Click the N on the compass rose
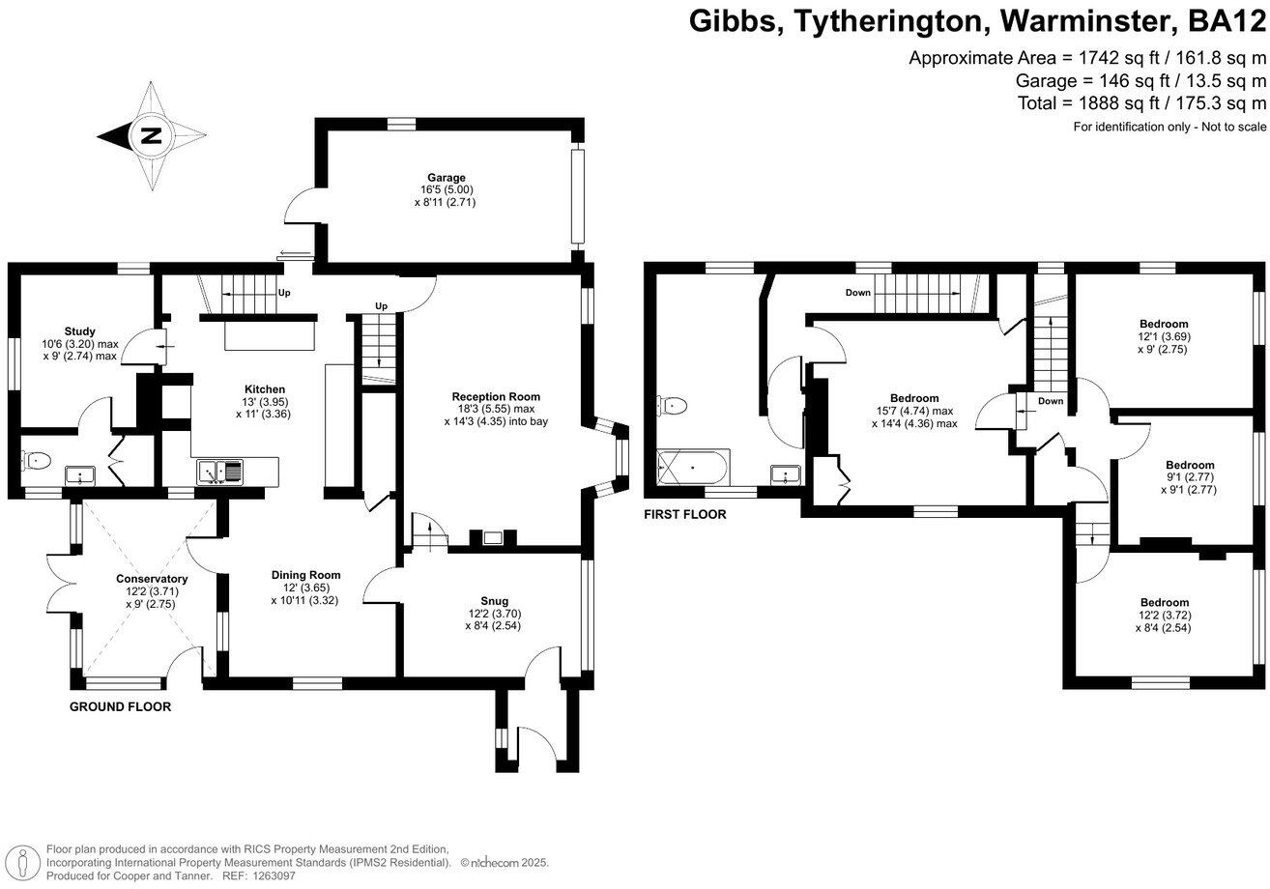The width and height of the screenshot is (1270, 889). (x=151, y=135)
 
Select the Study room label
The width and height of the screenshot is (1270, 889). (x=80, y=331)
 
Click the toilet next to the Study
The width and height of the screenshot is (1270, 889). (x=37, y=461)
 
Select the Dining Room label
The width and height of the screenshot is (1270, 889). (x=305, y=575)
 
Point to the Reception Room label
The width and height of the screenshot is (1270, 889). (x=496, y=396)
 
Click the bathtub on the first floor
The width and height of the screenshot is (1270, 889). (x=692, y=469)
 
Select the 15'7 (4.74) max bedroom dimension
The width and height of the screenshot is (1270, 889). (x=914, y=411)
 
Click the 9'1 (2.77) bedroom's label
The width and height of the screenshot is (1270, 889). (x=1190, y=465)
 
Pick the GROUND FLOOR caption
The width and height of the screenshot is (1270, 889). (x=120, y=706)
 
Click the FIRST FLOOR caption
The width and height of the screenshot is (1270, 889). (x=684, y=515)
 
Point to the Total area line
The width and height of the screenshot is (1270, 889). (x=1141, y=102)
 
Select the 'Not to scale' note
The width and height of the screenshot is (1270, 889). (x=1227, y=128)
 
